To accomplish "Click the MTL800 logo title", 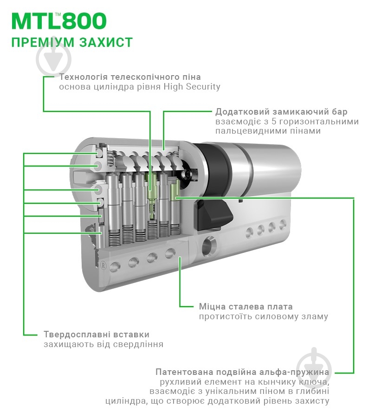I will pyautogui.click(x=59, y=21).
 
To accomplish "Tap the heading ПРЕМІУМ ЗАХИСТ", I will pyautogui.click(x=72, y=42).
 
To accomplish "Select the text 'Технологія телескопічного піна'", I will pyautogui.click(x=130, y=77).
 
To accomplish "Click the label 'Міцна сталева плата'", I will pyautogui.click(x=245, y=307).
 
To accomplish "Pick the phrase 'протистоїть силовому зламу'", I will pyautogui.click(x=263, y=316).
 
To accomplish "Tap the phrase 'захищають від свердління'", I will pyautogui.click(x=103, y=344).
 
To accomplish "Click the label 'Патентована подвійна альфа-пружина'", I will pyautogui.click(x=242, y=372).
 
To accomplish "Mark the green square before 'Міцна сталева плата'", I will pyautogui.click(x=194, y=307).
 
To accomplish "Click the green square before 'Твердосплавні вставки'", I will pyautogui.click(x=38, y=334).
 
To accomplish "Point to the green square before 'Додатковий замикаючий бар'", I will pyautogui.click(x=210, y=112).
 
